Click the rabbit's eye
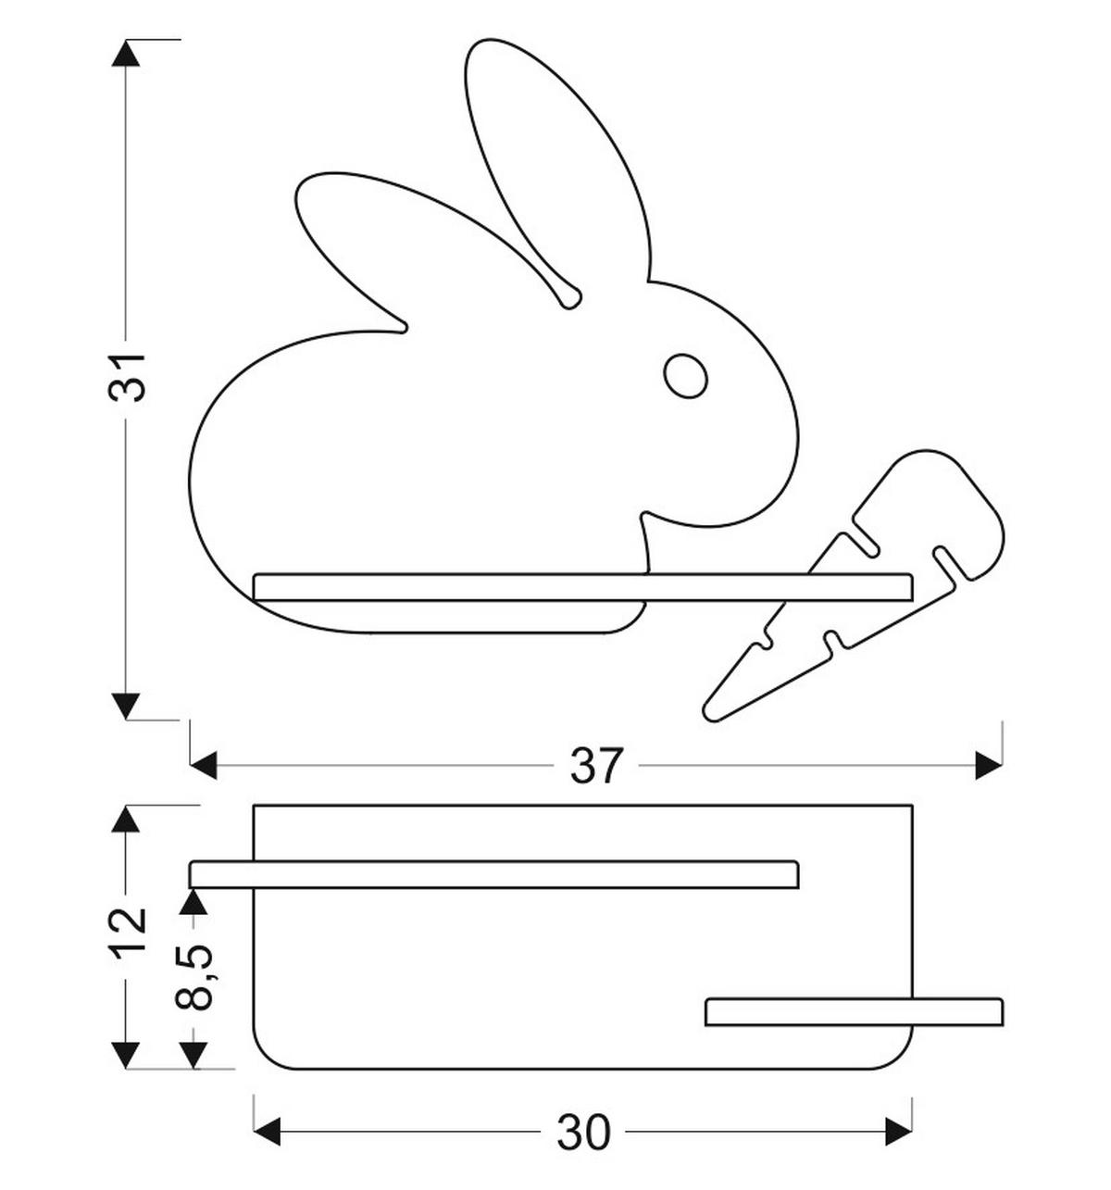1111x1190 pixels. (685, 376)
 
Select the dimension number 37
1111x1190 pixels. (595, 765)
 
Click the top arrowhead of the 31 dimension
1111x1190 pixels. (126, 53)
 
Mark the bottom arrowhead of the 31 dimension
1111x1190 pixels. (126, 707)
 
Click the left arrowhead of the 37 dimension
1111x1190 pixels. (204, 766)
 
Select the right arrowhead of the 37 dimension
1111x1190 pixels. (989, 766)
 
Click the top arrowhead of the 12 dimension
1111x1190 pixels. (126, 819)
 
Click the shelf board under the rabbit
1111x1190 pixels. (582, 586)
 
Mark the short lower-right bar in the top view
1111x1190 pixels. (854, 1012)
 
